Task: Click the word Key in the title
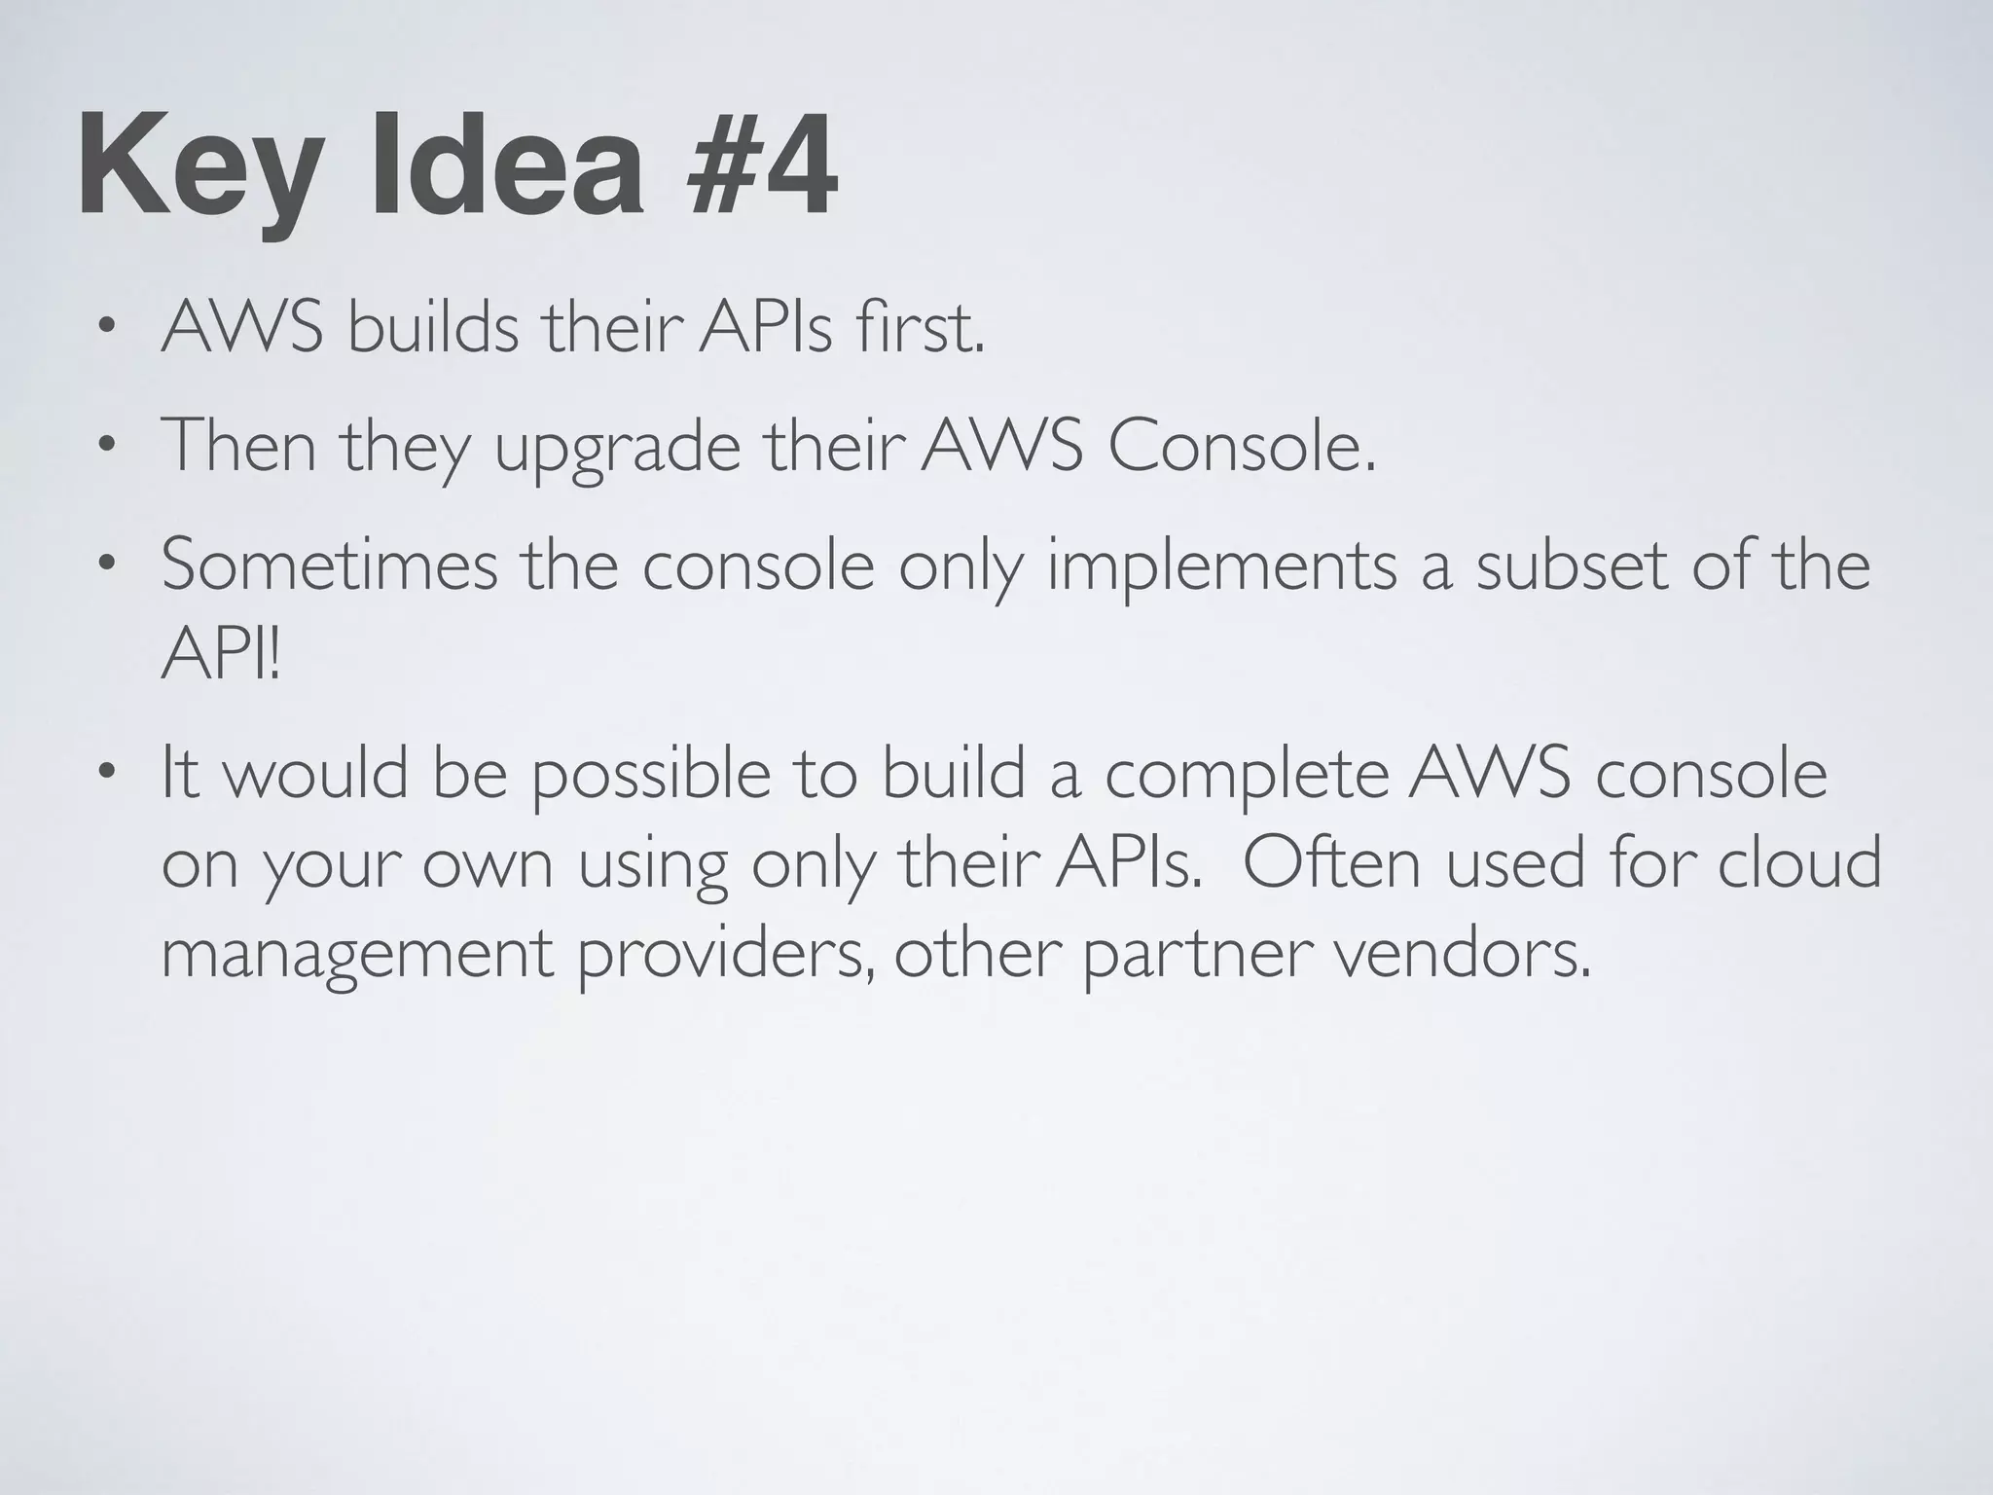[199, 167]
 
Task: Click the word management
[356, 957]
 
